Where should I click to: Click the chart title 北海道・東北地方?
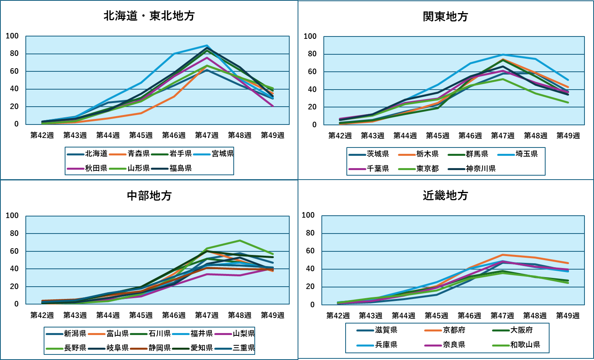(x=149, y=16)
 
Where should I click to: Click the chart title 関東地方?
(x=445, y=17)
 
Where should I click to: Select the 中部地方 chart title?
(x=149, y=196)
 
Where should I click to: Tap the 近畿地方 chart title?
(x=445, y=195)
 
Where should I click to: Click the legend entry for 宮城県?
(x=223, y=153)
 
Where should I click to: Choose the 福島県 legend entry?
(x=181, y=168)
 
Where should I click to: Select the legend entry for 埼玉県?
(x=527, y=154)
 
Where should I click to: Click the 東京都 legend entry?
(x=427, y=169)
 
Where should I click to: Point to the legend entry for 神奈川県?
(x=481, y=169)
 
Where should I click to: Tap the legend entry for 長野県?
(x=75, y=348)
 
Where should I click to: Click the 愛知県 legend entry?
(x=202, y=348)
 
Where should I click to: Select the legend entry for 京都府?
(x=454, y=330)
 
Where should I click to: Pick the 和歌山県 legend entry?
(x=525, y=345)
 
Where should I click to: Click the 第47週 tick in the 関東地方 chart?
(x=503, y=136)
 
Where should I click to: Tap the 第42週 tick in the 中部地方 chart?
(x=42, y=315)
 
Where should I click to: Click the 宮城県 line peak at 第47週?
(x=207, y=46)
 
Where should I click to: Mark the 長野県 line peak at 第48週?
(x=240, y=241)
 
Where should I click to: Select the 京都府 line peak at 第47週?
(x=503, y=255)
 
